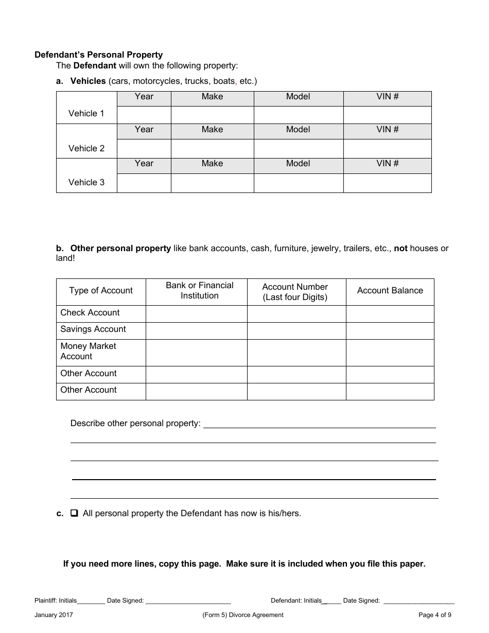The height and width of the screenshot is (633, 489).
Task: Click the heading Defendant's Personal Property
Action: click(98, 55)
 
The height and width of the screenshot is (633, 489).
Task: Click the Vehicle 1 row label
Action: click(86, 113)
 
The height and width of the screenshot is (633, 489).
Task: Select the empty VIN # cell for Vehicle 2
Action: click(387, 149)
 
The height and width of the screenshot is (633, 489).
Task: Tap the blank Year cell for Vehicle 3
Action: click(144, 183)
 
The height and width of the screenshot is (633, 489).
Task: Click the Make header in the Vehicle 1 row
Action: click(212, 97)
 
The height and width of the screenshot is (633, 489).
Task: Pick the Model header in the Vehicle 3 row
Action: click(298, 164)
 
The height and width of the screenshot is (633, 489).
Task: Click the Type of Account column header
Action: click(101, 291)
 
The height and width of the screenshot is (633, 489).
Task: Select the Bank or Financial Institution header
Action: click(199, 291)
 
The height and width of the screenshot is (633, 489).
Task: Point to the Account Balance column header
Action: click(390, 291)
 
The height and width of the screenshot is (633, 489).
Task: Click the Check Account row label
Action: click(90, 313)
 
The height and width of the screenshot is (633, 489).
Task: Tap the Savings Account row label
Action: click(93, 329)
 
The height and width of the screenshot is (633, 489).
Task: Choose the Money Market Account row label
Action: click(88, 351)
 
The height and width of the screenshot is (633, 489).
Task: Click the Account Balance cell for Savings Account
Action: click(390, 330)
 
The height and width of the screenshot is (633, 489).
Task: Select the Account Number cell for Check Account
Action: click(296, 313)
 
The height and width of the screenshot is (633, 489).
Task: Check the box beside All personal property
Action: click(74, 513)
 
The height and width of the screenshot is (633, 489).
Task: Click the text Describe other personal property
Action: click(135, 424)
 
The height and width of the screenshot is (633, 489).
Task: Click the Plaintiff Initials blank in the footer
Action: click(91, 601)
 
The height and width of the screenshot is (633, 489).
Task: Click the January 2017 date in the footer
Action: click(54, 615)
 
